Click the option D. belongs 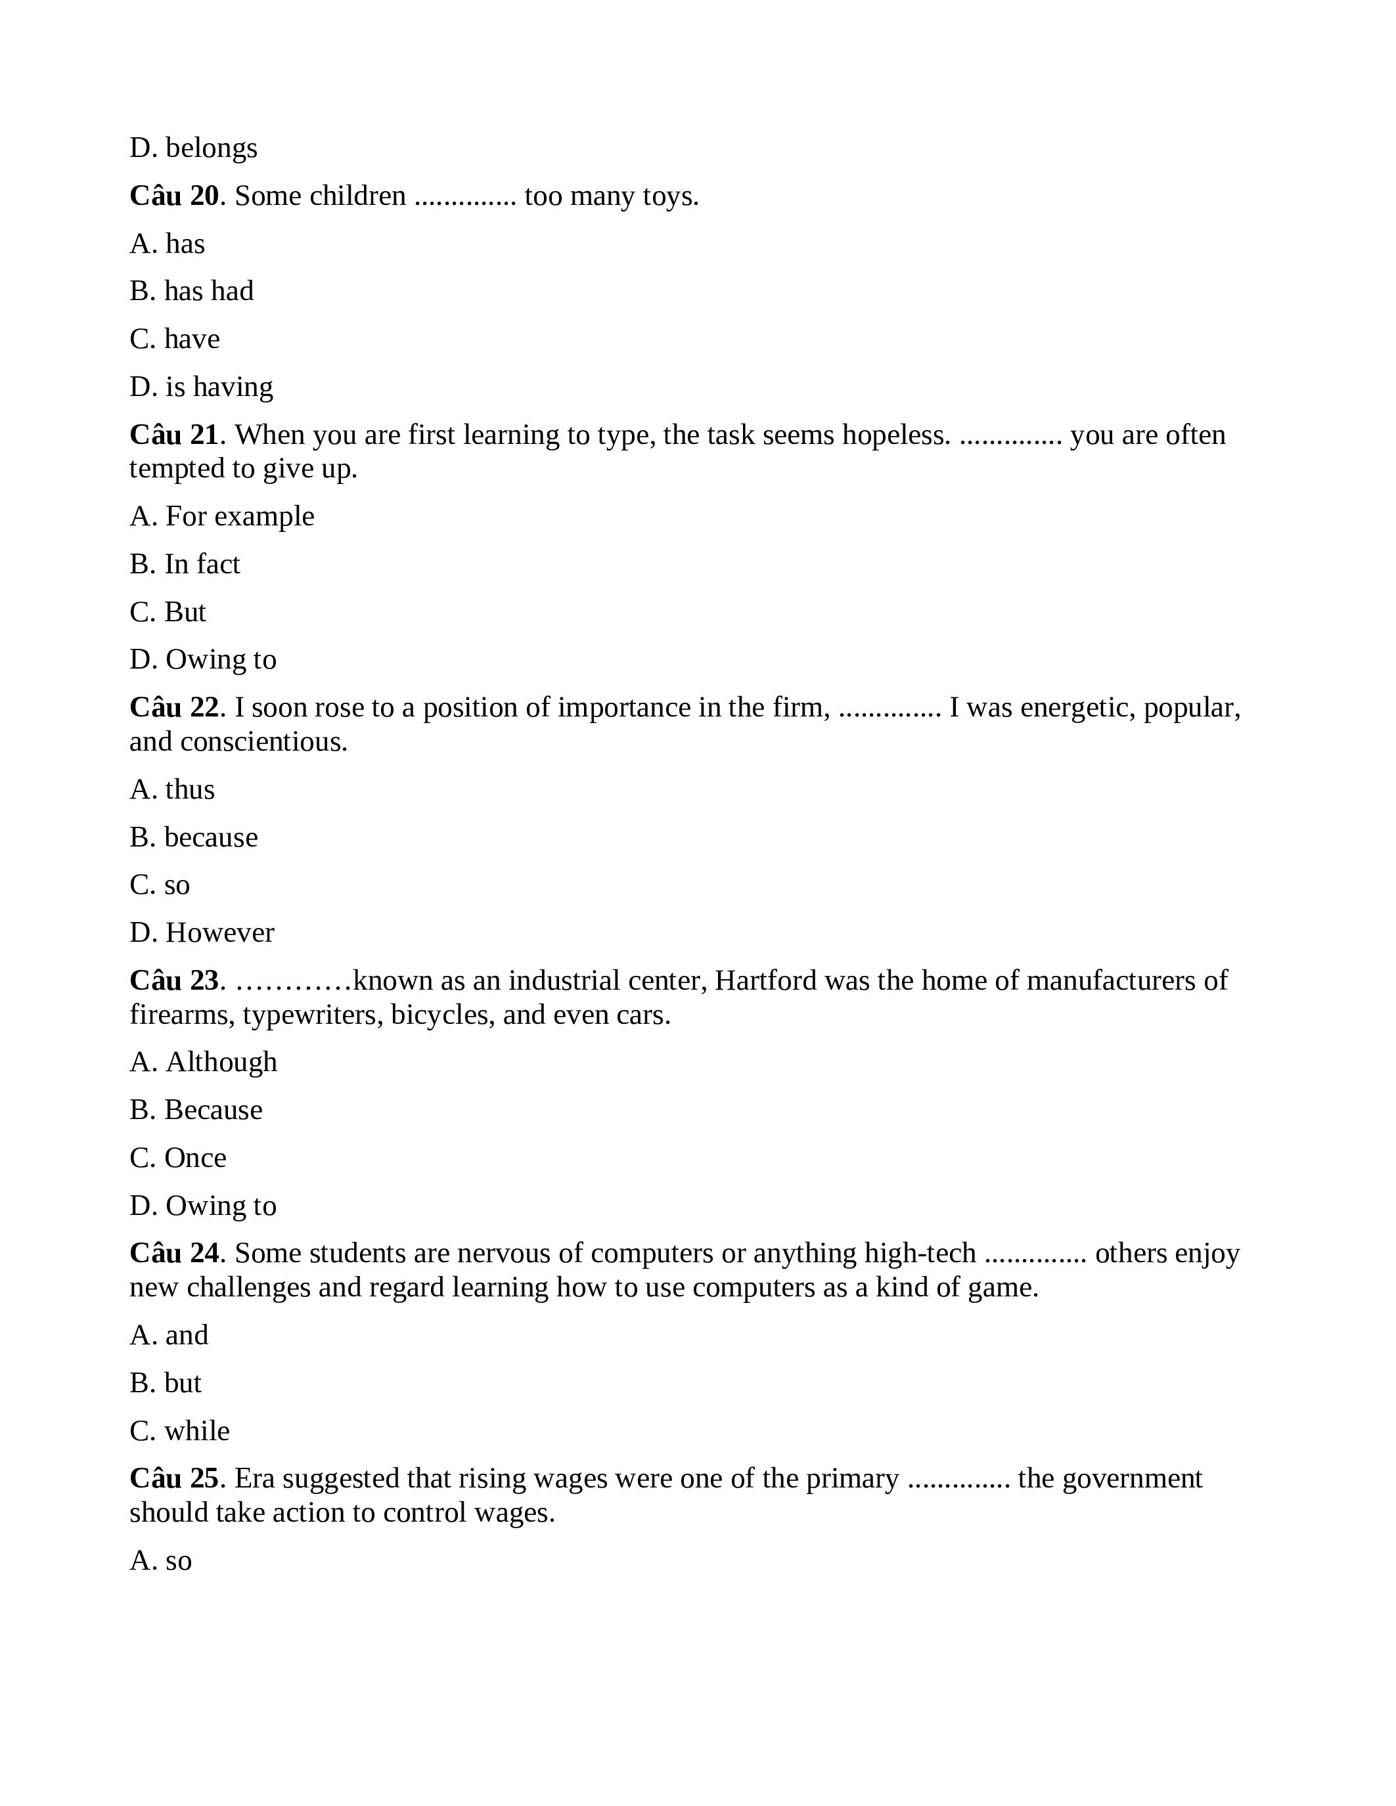click(x=194, y=148)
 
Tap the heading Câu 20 click(x=173, y=196)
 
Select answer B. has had click(x=192, y=291)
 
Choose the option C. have click(x=175, y=339)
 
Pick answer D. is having click(x=201, y=387)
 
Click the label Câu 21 click(x=173, y=435)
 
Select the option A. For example click(x=221, y=516)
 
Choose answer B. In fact click(x=185, y=564)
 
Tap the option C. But click(x=168, y=612)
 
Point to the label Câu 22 click(x=173, y=708)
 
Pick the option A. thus click(x=172, y=789)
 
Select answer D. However click(x=202, y=933)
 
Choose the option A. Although click(x=204, y=1062)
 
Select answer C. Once click(x=178, y=1158)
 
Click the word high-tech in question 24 click(x=920, y=1254)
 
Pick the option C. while click(x=179, y=1430)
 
